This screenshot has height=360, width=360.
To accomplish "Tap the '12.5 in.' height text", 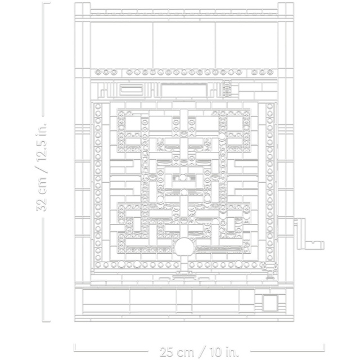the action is click(42, 140).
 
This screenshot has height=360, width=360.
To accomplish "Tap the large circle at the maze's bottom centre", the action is click(184, 247).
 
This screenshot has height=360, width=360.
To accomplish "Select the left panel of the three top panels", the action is click(121, 45).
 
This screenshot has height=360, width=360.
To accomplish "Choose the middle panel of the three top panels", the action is click(184, 45).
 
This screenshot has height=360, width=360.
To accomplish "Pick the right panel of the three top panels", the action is click(246, 45).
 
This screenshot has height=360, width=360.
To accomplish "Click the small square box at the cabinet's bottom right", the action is click(270, 303).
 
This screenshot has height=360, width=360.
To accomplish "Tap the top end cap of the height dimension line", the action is click(47, 3).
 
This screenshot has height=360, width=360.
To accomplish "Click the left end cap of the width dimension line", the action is click(75, 347).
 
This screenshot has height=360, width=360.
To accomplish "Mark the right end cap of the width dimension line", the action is click(323, 347).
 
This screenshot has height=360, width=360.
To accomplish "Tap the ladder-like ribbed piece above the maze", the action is click(227, 88).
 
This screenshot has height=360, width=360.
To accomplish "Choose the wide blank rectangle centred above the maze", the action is click(184, 91).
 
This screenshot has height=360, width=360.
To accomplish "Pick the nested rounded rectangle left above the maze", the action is click(130, 90).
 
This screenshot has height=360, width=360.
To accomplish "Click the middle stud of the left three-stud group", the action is click(106, 72).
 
